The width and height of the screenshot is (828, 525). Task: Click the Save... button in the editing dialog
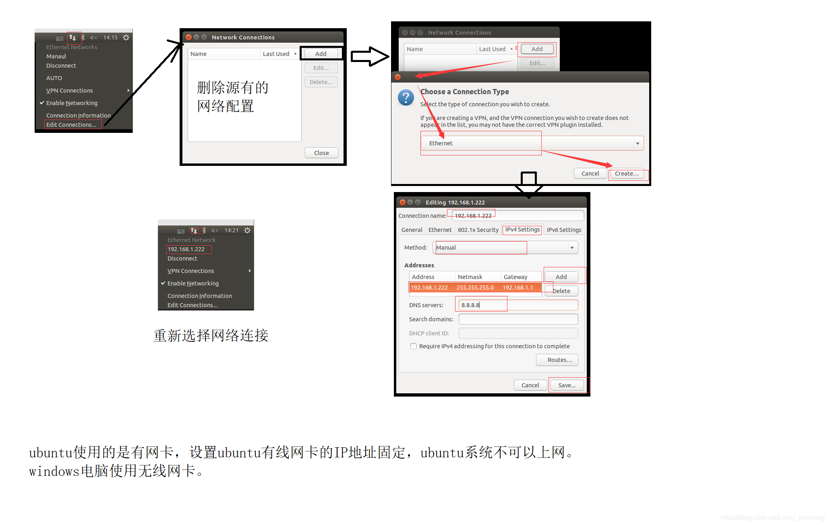567,385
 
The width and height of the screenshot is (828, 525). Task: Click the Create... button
627,174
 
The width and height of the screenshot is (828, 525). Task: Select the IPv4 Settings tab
522,229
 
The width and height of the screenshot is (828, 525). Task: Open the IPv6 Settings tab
564,230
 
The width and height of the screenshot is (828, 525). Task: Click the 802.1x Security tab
478,230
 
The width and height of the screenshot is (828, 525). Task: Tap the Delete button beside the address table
561,291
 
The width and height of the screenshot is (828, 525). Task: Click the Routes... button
557,360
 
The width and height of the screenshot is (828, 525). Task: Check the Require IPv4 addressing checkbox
414,346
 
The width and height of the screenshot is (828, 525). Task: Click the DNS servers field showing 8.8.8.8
518,305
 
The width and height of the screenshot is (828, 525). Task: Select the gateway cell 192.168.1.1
518,287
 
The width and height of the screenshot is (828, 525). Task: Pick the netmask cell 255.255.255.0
475,287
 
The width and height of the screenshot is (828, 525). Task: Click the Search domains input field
518,319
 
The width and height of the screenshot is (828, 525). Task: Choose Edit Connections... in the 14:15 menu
72,125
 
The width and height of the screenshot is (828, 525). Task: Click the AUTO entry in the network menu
54,78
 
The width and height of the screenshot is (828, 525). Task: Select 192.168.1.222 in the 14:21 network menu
186,249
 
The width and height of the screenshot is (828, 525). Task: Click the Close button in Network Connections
321,153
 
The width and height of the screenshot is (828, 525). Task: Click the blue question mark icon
406,97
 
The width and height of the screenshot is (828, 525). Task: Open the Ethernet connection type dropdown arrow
638,143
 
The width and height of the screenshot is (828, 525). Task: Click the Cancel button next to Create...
590,174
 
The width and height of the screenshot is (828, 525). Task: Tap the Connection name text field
518,216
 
